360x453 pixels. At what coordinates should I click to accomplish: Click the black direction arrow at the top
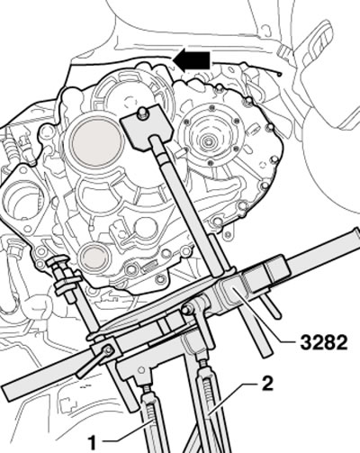tap(192, 60)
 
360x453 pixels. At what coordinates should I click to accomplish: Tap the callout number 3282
tap(324, 343)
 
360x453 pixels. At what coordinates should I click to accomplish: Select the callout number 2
tap(267, 384)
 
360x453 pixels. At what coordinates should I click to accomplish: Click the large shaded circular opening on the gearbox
tap(96, 141)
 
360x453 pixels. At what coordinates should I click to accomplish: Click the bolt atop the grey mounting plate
tap(143, 113)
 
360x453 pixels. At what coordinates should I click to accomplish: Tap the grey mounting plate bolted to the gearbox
tap(147, 125)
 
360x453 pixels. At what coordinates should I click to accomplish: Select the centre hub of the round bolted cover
tap(207, 141)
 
